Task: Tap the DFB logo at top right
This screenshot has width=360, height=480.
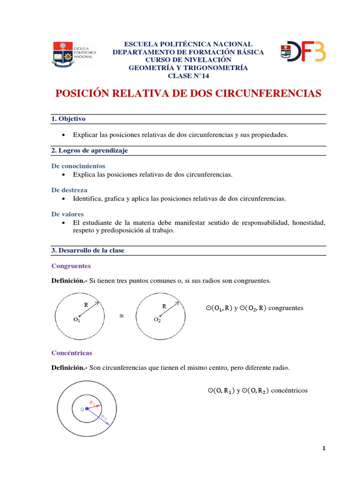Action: (303, 52)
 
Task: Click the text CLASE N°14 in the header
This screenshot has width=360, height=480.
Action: (188, 75)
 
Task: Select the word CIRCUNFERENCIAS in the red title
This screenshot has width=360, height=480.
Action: (268, 94)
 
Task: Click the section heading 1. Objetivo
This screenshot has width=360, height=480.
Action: (68, 119)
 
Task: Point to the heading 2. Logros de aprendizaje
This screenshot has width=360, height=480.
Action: (89, 150)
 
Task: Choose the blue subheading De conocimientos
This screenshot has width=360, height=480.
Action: (78, 166)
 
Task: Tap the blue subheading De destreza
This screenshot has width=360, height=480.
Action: (69, 190)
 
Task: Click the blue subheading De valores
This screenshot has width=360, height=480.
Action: (67, 214)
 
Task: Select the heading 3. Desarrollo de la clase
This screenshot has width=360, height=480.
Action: (87, 250)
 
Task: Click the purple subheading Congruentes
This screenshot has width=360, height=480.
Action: (70, 266)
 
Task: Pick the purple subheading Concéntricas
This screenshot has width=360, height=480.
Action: (72, 352)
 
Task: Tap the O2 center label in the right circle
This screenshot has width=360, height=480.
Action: (157, 320)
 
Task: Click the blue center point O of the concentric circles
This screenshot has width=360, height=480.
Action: (87, 409)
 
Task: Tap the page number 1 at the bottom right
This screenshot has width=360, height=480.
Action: (323, 449)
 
